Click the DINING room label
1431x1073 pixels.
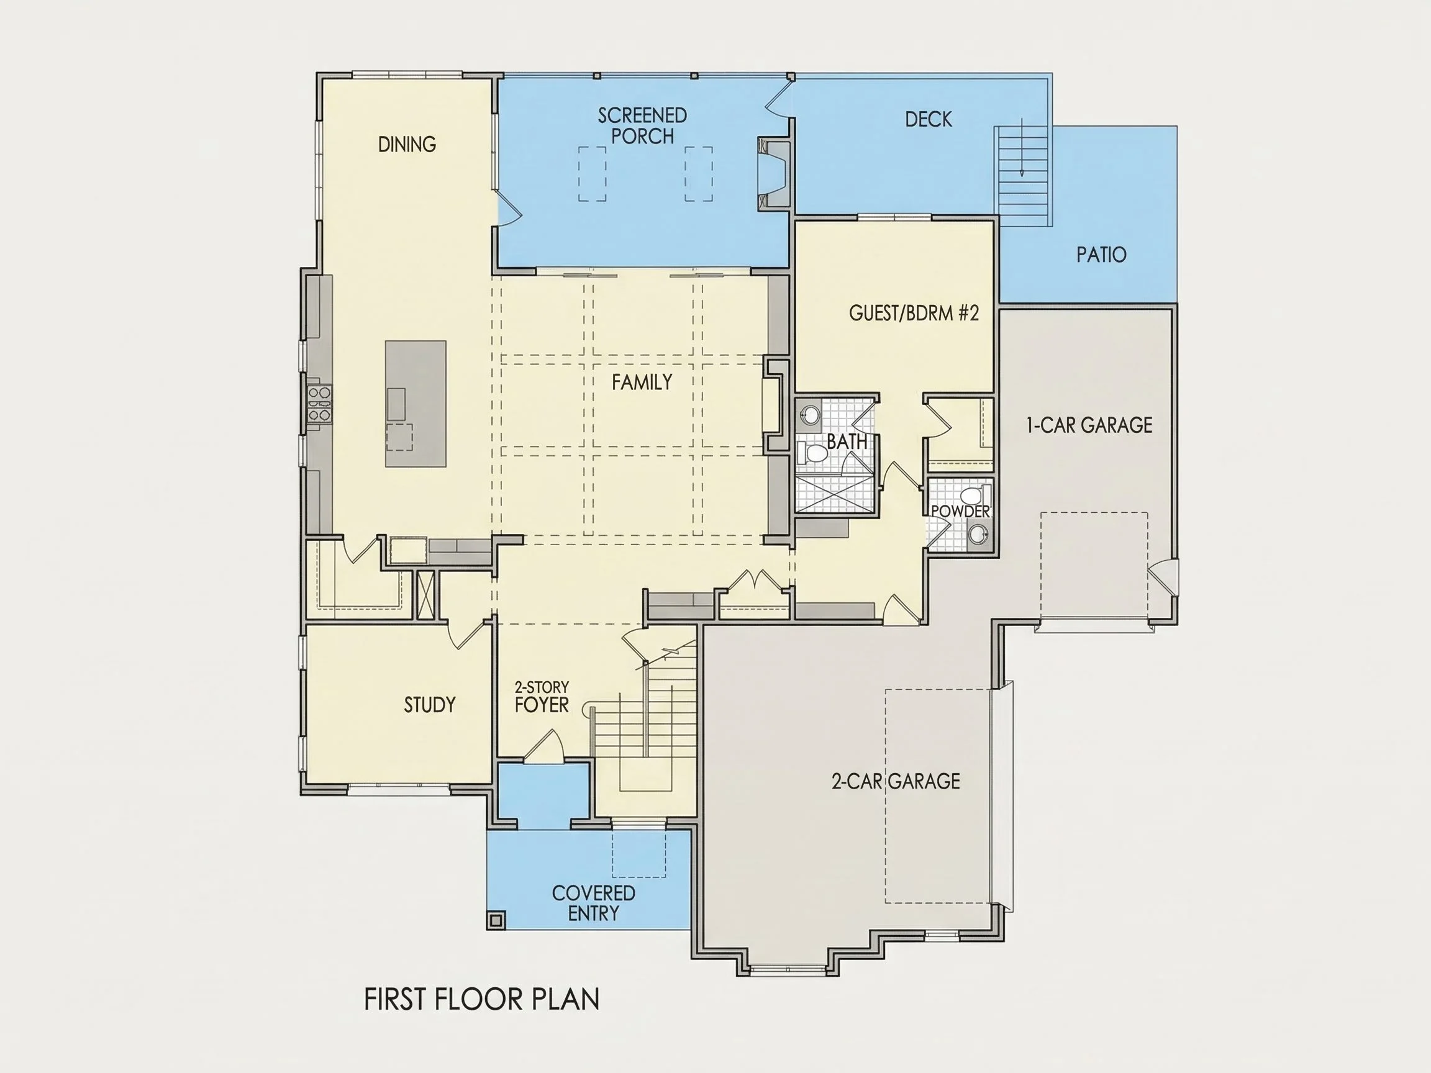(x=407, y=143)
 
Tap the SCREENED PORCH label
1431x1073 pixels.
(x=642, y=126)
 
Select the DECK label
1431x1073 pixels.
(x=929, y=119)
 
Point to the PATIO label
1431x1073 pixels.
(x=1101, y=254)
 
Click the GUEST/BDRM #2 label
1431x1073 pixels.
(x=914, y=313)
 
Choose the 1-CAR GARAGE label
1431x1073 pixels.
(x=1089, y=425)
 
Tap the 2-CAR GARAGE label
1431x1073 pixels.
(x=896, y=781)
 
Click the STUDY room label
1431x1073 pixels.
(x=430, y=704)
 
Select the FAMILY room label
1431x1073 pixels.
(x=642, y=383)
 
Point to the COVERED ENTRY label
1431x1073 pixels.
(x=593, y=903)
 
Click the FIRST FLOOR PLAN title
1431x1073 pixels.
(x=482, y=999)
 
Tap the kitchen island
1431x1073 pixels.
(x=416, y=404)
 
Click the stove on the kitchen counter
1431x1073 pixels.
(x=320, y=404)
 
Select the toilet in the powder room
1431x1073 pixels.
(x=973, y=496)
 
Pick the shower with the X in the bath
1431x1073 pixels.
(x=835, y=495)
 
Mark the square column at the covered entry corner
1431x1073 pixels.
(x=496, y=920)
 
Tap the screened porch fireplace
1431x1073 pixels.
(x=775, y=173)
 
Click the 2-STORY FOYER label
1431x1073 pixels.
(x=542, y=697)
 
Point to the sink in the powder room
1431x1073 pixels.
(x=979, y=534)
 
